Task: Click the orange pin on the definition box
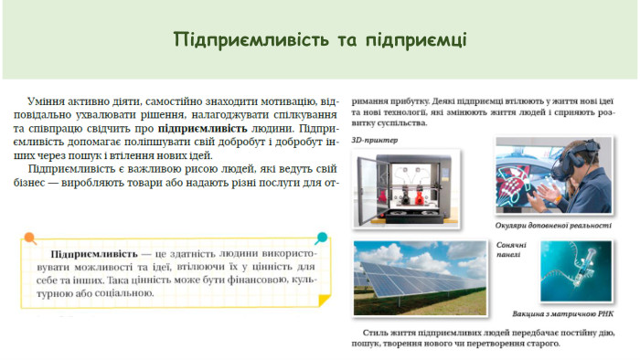tap(30, 238)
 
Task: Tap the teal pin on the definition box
tap(321, 238)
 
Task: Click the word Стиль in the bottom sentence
tap(377, 334)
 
